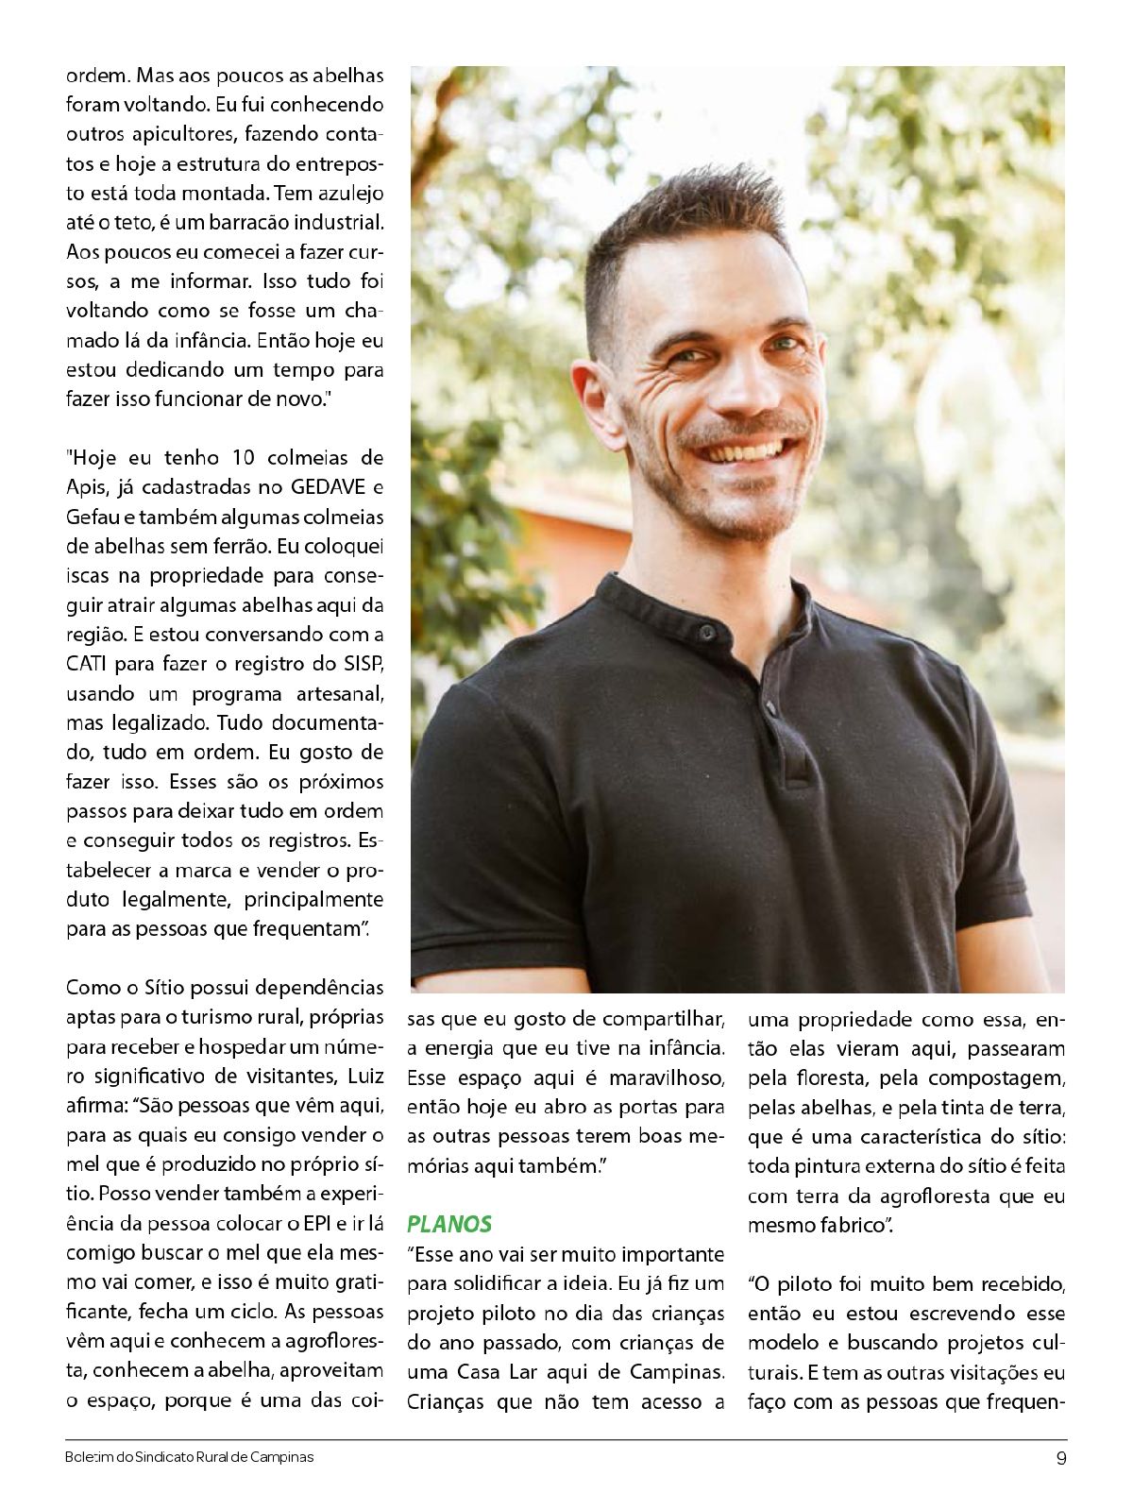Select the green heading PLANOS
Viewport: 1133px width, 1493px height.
tap(449, 1224)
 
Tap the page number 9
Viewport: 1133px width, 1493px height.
tap(1061, 1457)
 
